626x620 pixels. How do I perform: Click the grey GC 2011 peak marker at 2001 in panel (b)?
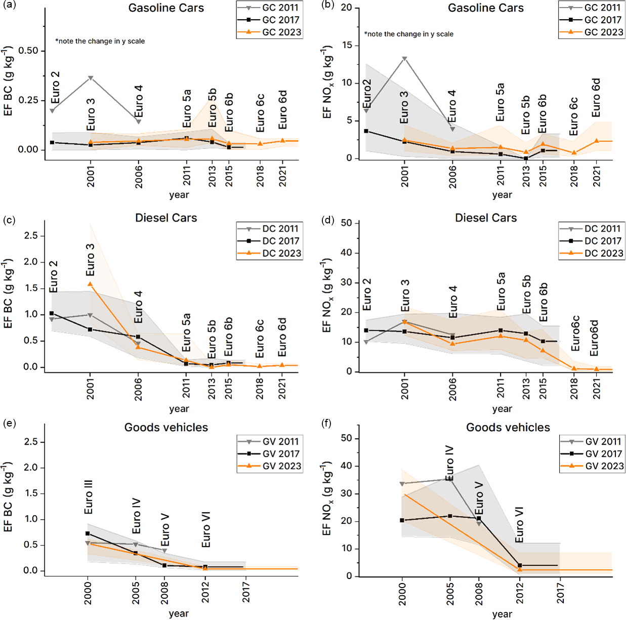[404, 59]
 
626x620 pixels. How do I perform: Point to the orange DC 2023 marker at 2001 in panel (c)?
[90, 284]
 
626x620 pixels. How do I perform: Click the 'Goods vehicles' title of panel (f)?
[508, 428]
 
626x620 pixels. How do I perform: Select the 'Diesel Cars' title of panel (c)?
[166, 218]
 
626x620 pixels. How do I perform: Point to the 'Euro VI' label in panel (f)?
[519, 524]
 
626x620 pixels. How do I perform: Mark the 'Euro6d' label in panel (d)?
[594, 338]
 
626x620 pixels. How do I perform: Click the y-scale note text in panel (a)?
[100, 41]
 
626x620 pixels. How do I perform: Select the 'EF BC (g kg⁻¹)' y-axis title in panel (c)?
[9, 294]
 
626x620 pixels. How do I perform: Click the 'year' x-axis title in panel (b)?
[502, 195]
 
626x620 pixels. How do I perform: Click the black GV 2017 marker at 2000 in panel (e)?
[88, 533]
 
